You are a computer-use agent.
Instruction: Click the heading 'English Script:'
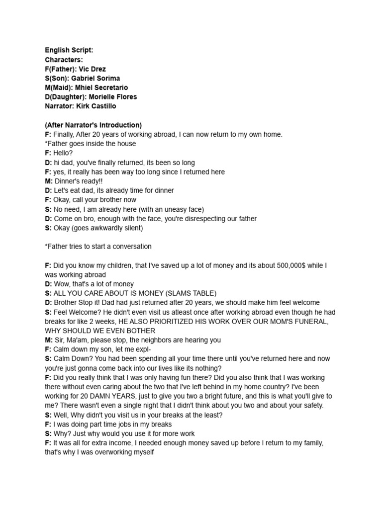click(x=69, y=50)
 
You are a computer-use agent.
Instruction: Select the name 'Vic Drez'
click(x=91, y=69)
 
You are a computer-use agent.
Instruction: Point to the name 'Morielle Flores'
click(x=112, y=97)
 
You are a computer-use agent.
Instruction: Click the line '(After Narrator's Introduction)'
click(x=93, y=125)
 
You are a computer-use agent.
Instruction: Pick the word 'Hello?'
click(x=63, y=153)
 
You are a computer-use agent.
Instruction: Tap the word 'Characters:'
click(x=64, y=60)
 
